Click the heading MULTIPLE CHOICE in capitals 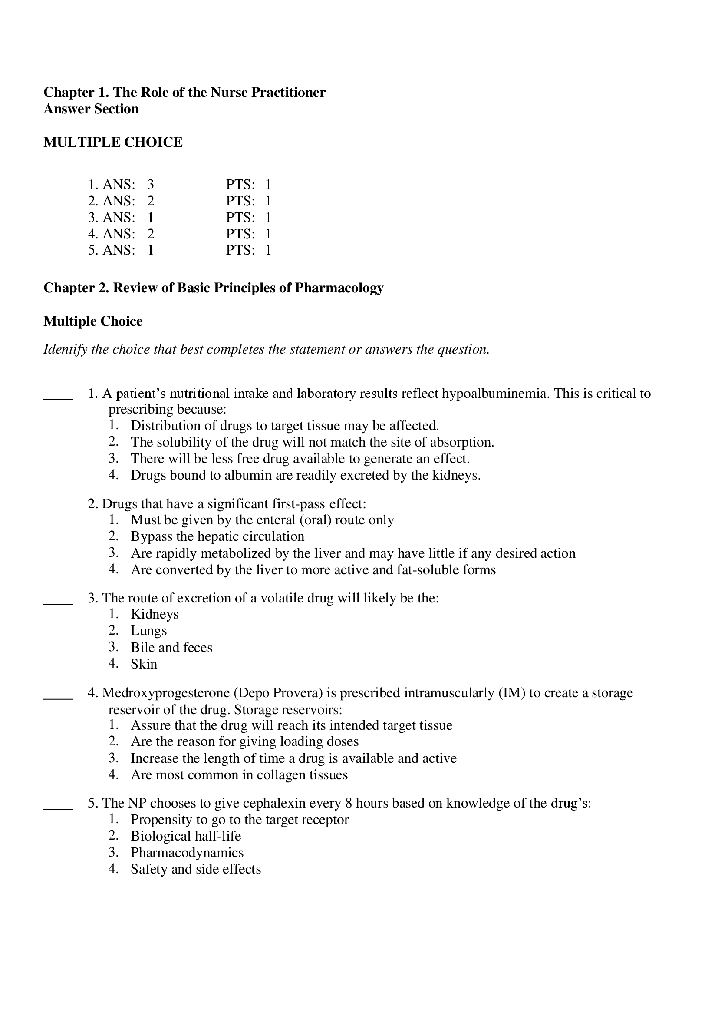point(113,142)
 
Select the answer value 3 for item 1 point(150,185)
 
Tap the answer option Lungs point(148,631)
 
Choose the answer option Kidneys point(155,614)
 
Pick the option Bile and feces point(171,647)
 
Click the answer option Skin point(144,664)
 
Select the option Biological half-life point(186,836)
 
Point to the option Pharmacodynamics point(187,853)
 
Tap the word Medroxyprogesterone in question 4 point(165,693)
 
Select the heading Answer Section point(91,109)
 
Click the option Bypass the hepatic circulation point(217,536)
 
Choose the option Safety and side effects point(195,869)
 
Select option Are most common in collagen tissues point(239,775)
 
